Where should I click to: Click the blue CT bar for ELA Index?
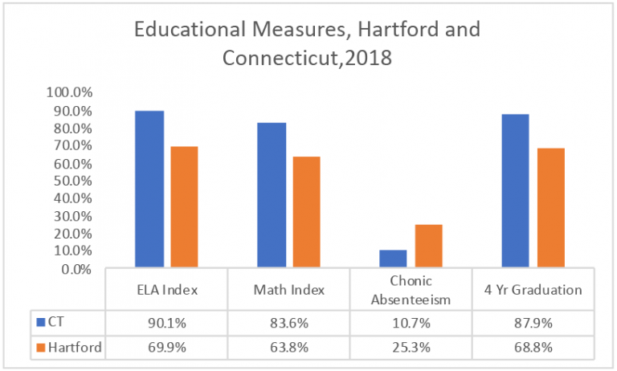click(x=149, y=189)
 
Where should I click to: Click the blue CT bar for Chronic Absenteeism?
click(x=394, y=259)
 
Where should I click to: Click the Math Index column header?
click(x=289, y=290)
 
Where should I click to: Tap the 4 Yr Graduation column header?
click(x=533, y=290)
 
